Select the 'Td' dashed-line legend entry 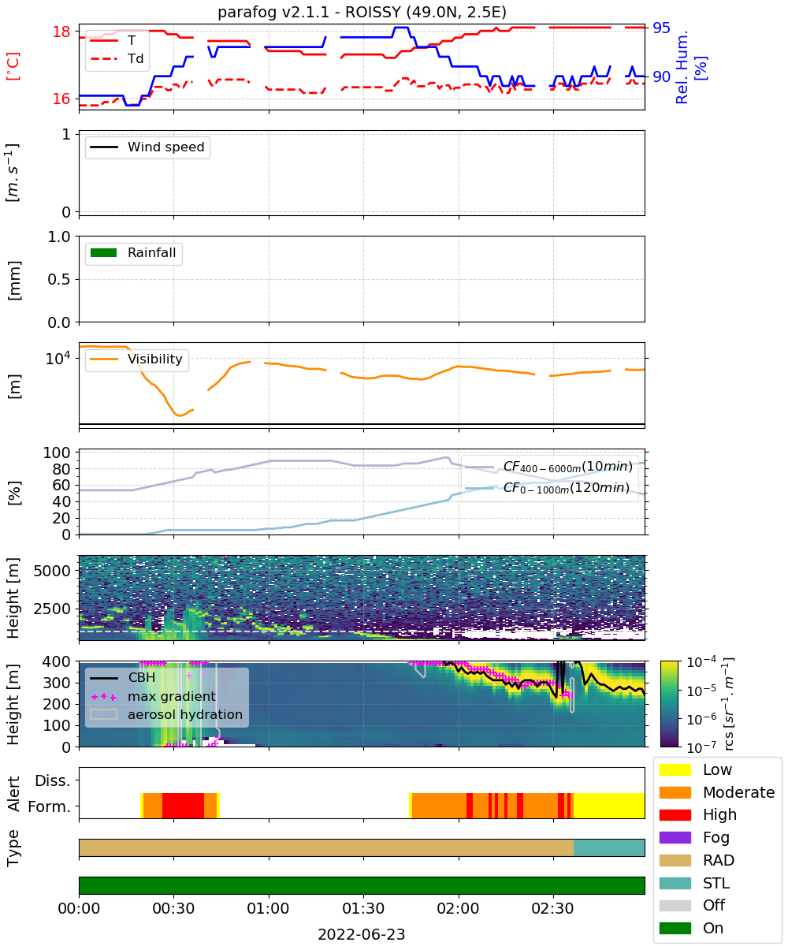coord(117,58)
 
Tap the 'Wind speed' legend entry coord(147,147)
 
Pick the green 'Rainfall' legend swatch coord(104,252)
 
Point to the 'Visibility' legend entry coord(136,359)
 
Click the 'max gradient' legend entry coord(154,696)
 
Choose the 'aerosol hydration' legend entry coord(166,714)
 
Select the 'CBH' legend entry coord(123,677)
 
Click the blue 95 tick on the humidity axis coord(661,28)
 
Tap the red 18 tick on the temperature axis coord(61,32)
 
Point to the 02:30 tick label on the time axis coord(552,908)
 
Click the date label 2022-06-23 coord(362,934)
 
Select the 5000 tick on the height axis coord(52,571)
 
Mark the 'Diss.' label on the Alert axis coord(53,780)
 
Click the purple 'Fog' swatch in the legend coord(675,837)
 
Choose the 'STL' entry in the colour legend coord(694,883)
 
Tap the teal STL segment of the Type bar coord(609,847)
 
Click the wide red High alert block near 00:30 coord(183,805)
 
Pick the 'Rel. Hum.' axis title coord(682,67)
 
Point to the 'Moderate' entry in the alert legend coord(717,792)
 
